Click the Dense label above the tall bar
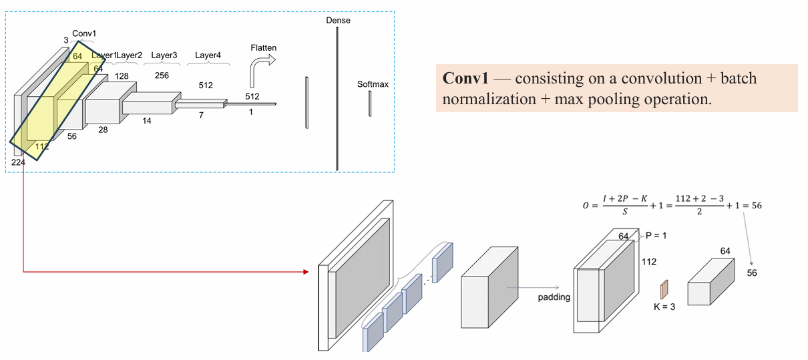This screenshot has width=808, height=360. coord(338,21)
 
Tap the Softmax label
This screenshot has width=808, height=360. coord(373,84)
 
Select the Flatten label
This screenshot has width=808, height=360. coord(264,48)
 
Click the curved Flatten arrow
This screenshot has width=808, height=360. coord(260,69)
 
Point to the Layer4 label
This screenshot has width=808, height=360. coord(208,55)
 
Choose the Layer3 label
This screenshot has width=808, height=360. coord(164,55)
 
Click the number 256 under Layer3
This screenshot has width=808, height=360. coord(162,75)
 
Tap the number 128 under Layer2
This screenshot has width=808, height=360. coord(122,76)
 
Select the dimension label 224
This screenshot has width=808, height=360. coord(18,163)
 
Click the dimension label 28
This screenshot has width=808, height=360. coord(103,130)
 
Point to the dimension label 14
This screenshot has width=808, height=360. coord(146,121)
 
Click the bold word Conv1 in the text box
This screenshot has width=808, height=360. coord(465,78)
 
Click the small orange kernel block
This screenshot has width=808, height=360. coord(664,290)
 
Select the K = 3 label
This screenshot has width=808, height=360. coord(664,307)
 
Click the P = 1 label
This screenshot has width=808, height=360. coord(656,236)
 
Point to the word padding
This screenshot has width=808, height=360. coord(554,297)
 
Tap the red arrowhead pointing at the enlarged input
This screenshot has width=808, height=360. coord(307,272)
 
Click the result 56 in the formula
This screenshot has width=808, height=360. coord(757,206)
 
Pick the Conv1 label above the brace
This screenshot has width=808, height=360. coord(84,33)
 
